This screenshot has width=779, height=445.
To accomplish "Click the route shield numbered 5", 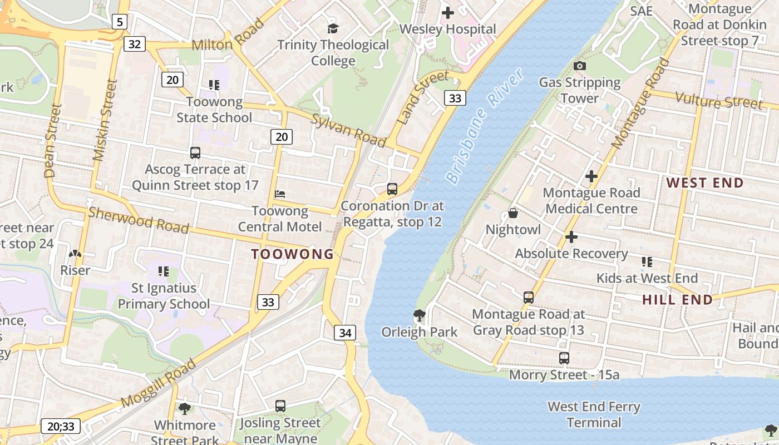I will click(x=120, y=22).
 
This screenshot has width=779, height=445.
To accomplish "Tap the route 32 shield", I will click(x=134, y=43).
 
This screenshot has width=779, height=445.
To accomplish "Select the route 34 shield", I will click(x=345, y=333).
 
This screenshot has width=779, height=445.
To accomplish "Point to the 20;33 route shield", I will click(x=61, y=427).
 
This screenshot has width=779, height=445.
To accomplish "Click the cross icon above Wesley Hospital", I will click(x=447, y=12).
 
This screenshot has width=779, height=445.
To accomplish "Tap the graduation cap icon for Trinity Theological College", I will click(x=333, y=28).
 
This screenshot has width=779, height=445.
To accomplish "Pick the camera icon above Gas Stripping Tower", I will click(x=579, y=66).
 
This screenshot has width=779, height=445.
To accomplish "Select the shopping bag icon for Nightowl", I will click(x=513, y=213).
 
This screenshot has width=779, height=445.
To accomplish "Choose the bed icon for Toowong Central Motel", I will click(x=280, y=194).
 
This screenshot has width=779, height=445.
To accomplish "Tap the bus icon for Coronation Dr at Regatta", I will click(x=392, y=189).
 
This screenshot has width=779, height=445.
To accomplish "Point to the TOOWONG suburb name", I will click(x=292, y=254).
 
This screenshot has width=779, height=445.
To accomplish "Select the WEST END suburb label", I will click(x=704, y=183).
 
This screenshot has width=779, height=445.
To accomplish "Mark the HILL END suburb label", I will click(x=677, y=300).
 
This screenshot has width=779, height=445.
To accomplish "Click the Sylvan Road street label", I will click(x=348, y=131).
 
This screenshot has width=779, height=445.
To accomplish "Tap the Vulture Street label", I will click(x=718, y=101).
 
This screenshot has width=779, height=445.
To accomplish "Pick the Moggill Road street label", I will click(x=158, y=383).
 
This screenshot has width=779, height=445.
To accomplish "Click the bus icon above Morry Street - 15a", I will click(x=564, y=358).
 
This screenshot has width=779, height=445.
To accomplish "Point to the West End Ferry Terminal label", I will click(x=594, y=414).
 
